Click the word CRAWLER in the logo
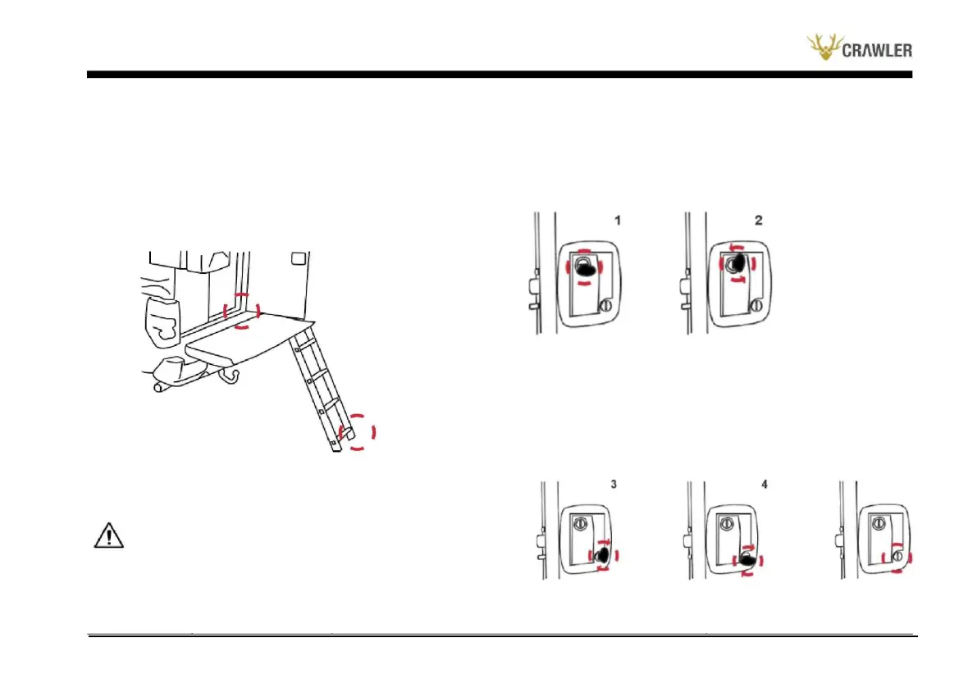tap(877, 52)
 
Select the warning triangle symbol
tap(107, 535)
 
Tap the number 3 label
tap(613, 484)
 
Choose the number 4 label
tap(765, 484)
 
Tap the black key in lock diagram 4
tap(747, 560)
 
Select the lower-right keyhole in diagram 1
tap(605, 305)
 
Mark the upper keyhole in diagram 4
tap(727, 522)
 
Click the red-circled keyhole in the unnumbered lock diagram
tap(898, 557)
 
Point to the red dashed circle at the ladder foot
tap(358, 431)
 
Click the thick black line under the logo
tap(500, 75)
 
